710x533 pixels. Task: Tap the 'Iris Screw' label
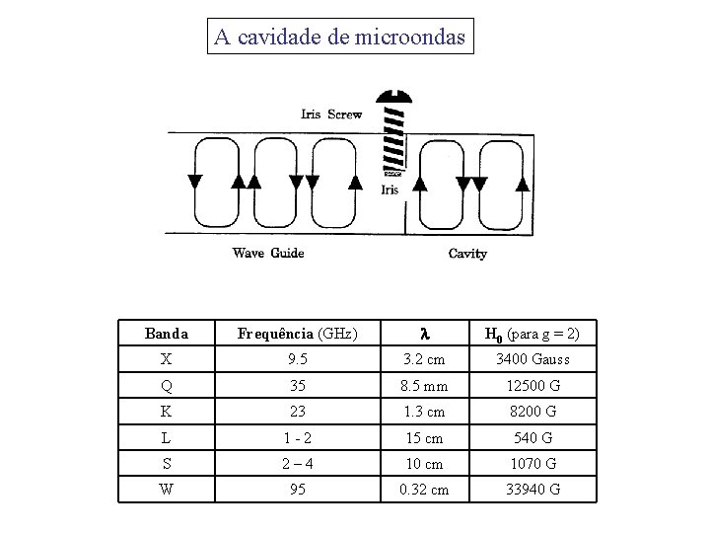tap(331, 114)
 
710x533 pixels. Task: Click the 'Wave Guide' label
tap(268, 254)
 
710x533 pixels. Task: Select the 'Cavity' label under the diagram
tap(467, 254)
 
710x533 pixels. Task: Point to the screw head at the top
tap(394, 95)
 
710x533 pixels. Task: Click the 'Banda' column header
tap(166, 334)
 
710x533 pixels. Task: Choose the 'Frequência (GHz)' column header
tap(297, 334)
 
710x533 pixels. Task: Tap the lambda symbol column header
tap(425, 334)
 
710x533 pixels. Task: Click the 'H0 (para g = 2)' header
tap(532, 334)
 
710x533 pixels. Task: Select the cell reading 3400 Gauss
tap(532, 359)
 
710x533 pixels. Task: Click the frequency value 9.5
tap(297, 359)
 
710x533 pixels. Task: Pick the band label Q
tap(166, 386)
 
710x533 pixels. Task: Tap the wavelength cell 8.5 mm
tap(425, 386)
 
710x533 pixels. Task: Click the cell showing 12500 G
tap(532, 386)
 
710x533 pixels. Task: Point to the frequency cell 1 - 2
tap(297, 437)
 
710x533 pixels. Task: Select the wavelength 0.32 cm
tap(425, 490)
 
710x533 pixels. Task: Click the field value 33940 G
tap(532, 490)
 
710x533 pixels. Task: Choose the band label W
tap(166, 490)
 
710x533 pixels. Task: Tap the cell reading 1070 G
tap(532, 463)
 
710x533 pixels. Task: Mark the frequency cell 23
tap(297, 412)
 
